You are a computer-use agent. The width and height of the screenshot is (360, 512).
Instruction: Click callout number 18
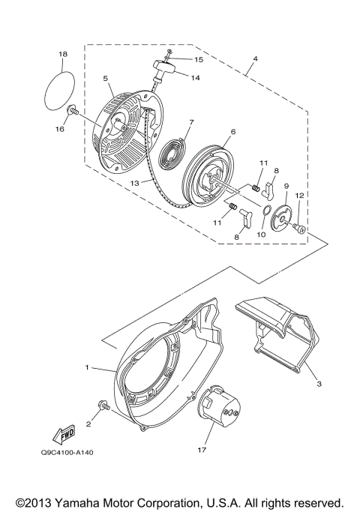[x=63, y=54]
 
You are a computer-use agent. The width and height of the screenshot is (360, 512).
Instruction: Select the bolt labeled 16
[x=73, y=112]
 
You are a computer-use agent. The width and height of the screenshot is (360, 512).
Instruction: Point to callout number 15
[x=199, y=58]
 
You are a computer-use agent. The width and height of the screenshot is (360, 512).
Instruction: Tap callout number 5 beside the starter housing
[x=106, y=77]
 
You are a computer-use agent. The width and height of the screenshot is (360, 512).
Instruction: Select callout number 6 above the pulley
[x=233, y=132]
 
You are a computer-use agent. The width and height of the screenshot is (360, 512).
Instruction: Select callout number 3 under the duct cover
[x=318, y=383]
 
